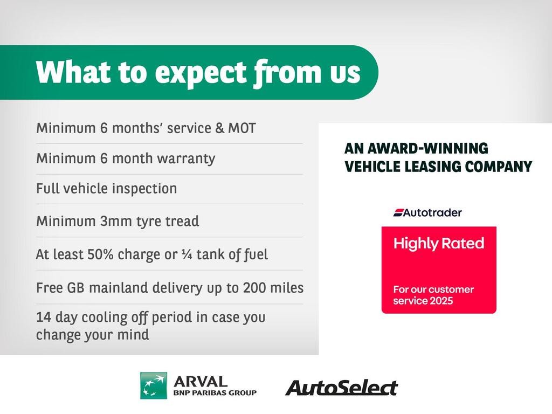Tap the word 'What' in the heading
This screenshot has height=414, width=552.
pos(73,72)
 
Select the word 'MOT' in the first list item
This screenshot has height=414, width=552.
pos(242,128)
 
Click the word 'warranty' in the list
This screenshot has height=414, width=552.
pos(186,159)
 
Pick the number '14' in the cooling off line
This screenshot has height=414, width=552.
pos(44,318)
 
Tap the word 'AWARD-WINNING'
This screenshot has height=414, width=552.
pos(427,149)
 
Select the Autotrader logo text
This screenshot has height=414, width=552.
pos(427,212)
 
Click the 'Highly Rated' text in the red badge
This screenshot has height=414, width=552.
pos(439,244)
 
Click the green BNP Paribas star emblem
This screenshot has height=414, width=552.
pos(154,386)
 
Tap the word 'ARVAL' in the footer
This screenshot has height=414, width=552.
pos(201,382)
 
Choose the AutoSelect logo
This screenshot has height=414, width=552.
pos(341,388)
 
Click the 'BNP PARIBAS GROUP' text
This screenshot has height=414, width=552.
pos(215,393)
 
